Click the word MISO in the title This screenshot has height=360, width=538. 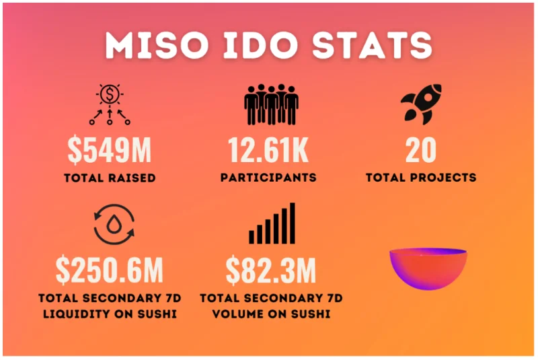157,45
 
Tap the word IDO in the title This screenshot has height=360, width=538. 260,45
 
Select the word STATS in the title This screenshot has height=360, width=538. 372,45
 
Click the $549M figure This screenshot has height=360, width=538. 110,150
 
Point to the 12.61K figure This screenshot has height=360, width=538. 268,150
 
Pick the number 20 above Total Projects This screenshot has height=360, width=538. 421,150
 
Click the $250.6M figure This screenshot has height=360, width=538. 110,270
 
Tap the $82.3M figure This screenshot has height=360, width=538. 271,270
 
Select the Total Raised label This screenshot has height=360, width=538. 110,178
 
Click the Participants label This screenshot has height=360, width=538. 268,178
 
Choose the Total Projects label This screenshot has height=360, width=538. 421,178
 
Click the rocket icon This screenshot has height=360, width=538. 422,104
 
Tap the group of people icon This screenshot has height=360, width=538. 271,104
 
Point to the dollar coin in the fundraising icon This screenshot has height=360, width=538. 110,94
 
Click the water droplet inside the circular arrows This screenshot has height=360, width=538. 114,225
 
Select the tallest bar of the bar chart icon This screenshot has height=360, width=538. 293,223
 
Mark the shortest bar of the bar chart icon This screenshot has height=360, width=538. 252,237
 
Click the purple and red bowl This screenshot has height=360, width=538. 428,268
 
